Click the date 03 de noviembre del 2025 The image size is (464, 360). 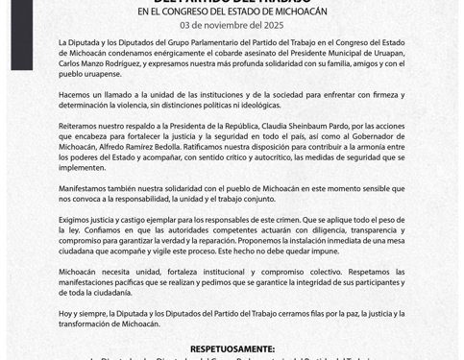pos(232,25)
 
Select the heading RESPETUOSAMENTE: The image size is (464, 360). pos(232,348)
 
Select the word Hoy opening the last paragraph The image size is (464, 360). pos(65,313)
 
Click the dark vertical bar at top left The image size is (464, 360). pos(22,34)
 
